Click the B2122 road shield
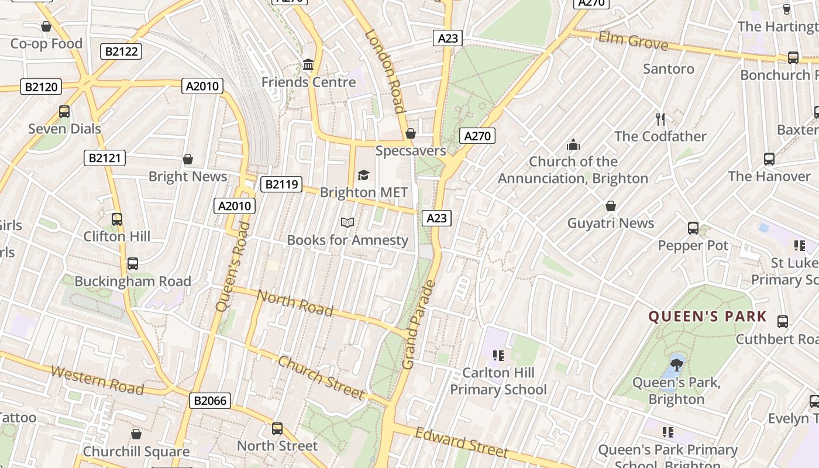[121, 51]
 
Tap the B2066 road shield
[210, 401]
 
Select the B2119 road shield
[281, 185]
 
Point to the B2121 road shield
[105, 157]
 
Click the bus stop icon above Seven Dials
[64, 111]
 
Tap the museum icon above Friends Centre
[308, 64]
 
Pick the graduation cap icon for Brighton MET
[363, 175]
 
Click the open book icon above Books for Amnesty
[347, 222]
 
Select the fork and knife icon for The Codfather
[660, 119]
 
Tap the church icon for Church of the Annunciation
[573, 144]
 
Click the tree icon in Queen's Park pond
[677, 366]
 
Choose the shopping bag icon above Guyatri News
[611, 206]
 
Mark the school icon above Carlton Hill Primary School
[498, 355]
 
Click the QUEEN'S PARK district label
[707, 316]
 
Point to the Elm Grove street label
[633, 41]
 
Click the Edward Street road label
[462, 443]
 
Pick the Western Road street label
[97, 380]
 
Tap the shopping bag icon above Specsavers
[411, 133]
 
